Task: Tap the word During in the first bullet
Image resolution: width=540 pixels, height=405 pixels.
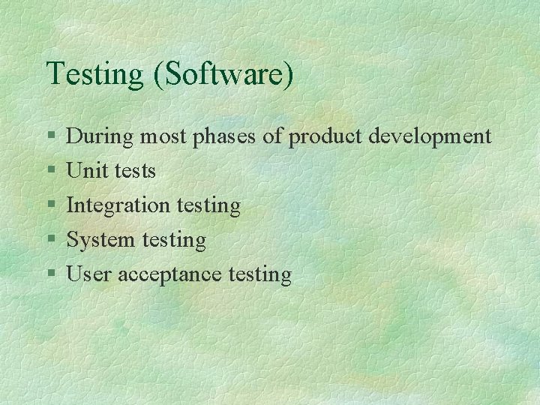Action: (100, 136)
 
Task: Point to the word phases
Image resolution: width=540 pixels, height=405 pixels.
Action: (227, 137)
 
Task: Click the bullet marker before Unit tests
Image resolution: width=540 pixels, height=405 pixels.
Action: (50, 172)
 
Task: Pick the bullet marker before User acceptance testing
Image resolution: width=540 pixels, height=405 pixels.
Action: (50, 275)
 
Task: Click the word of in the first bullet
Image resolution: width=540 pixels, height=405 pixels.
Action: (274, 136)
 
